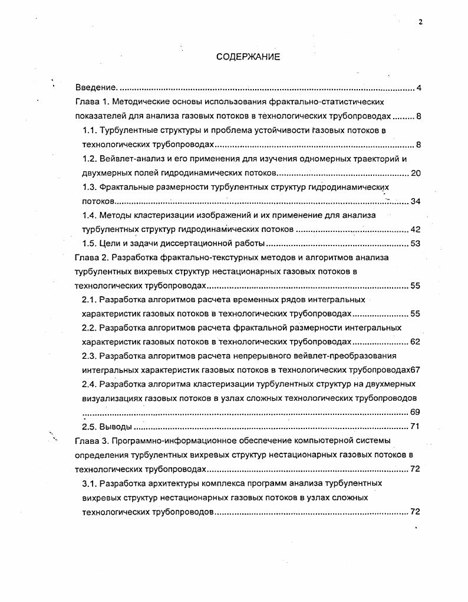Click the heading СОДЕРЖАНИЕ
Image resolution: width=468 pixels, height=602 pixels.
248,57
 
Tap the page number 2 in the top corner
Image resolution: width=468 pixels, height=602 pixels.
420,22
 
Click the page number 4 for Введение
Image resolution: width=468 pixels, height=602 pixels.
418,89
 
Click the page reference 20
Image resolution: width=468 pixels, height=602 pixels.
415,173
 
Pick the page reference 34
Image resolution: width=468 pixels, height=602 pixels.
415,201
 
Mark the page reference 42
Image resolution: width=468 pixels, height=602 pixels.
415,230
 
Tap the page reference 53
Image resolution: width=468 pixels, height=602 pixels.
415,244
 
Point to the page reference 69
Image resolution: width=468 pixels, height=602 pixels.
415,412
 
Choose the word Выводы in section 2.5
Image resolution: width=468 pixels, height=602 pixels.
116,427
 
